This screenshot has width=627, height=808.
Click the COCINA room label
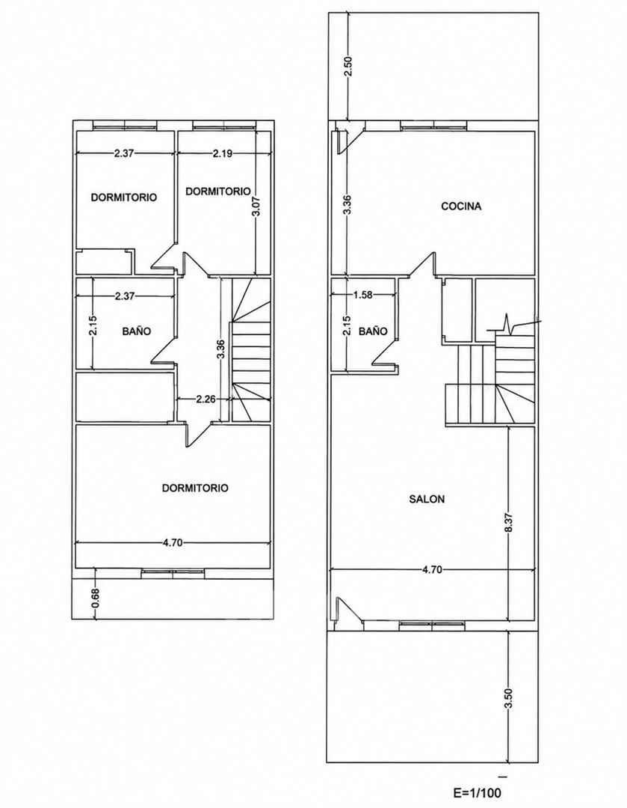[461, 206]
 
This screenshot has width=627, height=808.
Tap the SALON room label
[427, 499]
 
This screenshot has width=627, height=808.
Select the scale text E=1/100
[478, 792]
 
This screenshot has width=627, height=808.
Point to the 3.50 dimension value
[509, 699]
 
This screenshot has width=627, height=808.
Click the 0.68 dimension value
[95, 598]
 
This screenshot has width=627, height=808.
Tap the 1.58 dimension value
[363, 296]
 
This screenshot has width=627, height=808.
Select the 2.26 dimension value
[206, 399]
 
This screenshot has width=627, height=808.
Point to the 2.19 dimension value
[223, 153]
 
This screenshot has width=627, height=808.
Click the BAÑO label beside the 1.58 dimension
[373, 331]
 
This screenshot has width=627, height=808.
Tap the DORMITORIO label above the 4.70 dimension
[195, 488]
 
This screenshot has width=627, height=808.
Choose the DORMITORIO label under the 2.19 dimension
[217, 192]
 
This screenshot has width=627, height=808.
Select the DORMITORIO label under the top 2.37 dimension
[123, 198]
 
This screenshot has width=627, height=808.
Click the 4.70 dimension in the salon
[432, 570]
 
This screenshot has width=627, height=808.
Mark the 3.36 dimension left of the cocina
[348, 204]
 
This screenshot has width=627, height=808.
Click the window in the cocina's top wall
[433, 125]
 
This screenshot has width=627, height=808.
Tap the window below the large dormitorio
[173, 572]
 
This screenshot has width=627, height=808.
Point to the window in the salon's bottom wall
[433, 625]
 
